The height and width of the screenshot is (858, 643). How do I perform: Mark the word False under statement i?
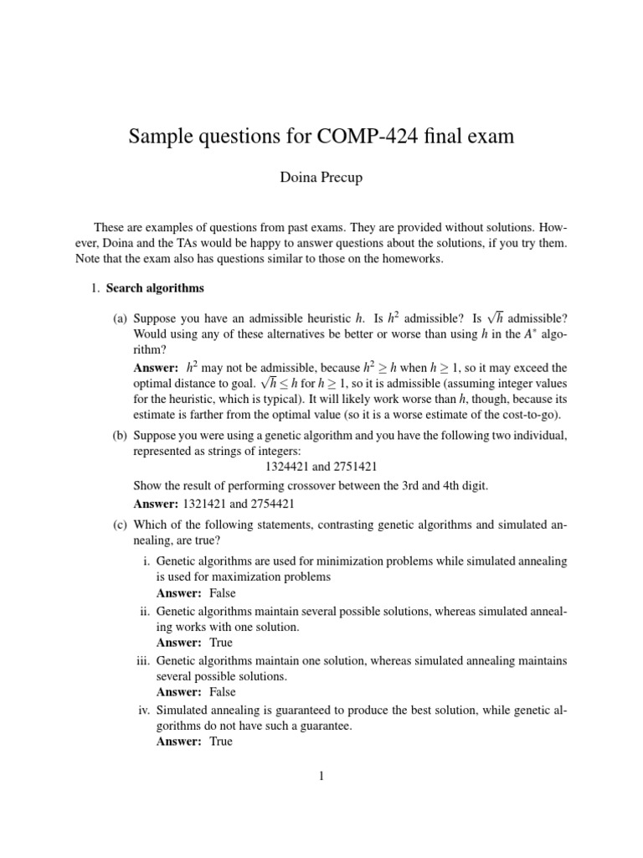point(218,592)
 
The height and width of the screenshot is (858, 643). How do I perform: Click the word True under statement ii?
point(217,643)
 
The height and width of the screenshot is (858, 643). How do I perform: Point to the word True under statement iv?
point(217,742)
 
